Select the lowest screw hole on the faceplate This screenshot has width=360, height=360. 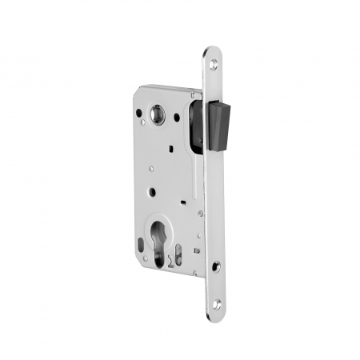click(x=217, y=305)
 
